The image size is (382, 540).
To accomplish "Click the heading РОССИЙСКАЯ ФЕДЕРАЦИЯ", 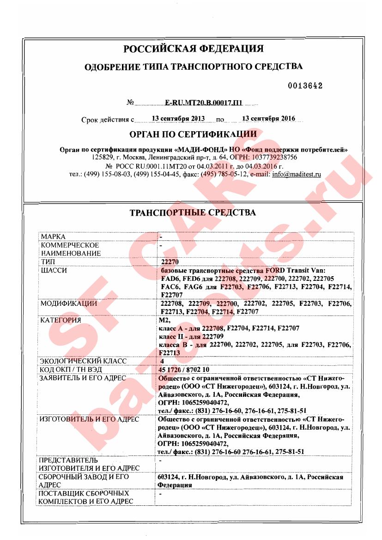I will coord(193,49).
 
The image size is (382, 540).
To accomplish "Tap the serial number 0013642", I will coord(305,86).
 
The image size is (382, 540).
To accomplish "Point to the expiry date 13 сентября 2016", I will coord(268,118).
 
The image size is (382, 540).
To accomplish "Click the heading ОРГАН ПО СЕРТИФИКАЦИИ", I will coord(193,134).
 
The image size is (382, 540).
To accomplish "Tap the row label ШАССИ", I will coord(54,270).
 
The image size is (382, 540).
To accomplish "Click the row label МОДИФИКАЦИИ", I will coord(69,303).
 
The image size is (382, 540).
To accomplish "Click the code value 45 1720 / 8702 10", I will coord(184,369).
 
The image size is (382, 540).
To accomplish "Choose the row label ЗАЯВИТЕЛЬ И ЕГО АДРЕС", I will coord(83,377).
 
